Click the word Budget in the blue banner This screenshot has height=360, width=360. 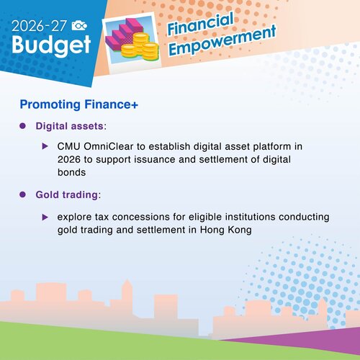click(x=50, y=45)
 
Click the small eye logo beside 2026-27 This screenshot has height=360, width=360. click(x=81, y=24)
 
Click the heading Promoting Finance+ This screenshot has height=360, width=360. click(x=79, y=105)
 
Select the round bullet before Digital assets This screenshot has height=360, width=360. click(x=23, y=126)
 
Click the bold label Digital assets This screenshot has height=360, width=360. click(x=69, y=126)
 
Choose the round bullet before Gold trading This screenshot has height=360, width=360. click(x=23, y=194)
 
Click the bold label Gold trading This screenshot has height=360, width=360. click(x=67, y=194)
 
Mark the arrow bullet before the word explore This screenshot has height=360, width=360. click(x=45, y=216)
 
